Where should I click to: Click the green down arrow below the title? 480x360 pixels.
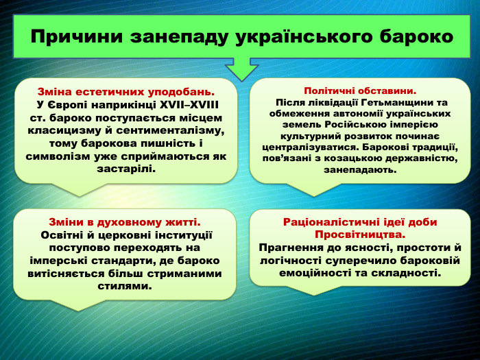pyautogui.click(x=241, y=69)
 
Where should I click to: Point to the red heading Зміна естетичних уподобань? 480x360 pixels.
pyautogui.click(x=126, y=91)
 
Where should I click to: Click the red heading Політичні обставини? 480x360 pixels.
pyautogui.click(x=360, y=91)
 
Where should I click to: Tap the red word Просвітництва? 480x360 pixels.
pyautogui.click(x=360, y=235)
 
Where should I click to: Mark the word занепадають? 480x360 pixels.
pyautogui.click(x=360, y=169)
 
